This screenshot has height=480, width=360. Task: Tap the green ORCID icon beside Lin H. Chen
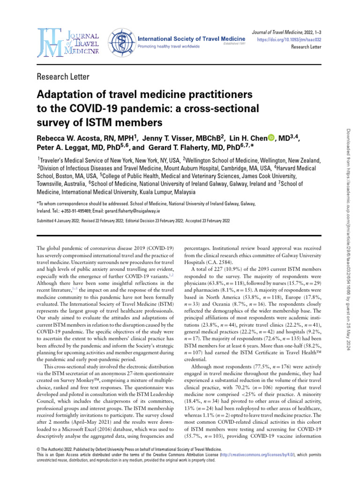(x=271, y=138)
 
